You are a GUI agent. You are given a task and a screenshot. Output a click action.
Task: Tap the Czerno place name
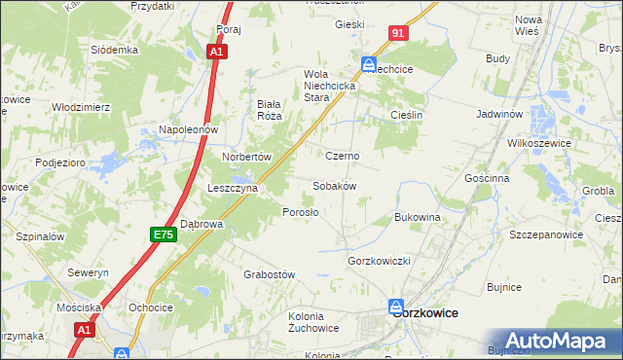click(343, 156)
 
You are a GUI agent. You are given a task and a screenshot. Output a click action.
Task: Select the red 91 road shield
click(398, 33)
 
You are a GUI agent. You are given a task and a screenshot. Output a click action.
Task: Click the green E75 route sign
click(163, 234)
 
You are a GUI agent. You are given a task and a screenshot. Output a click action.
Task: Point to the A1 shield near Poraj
click(219, 53)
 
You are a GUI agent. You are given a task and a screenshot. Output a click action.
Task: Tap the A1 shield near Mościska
click(86, 331)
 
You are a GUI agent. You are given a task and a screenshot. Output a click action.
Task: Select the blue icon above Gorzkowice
click(396, 305)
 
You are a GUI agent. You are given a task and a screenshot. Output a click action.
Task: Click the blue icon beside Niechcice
click(369, 64)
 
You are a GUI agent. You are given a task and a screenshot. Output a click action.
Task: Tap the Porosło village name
click(300, 212)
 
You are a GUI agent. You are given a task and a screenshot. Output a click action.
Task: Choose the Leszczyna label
click(232, 188)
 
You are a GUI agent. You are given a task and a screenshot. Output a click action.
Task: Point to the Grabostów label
click(269, 274)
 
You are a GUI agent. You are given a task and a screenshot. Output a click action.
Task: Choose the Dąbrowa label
click(202, 224)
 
